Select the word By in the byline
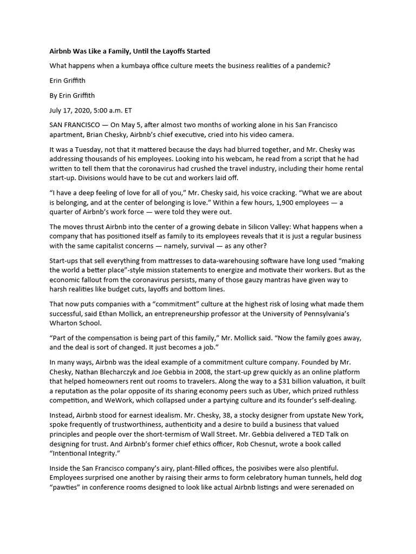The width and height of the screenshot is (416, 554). pyautogui.click(x=54, y=95)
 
